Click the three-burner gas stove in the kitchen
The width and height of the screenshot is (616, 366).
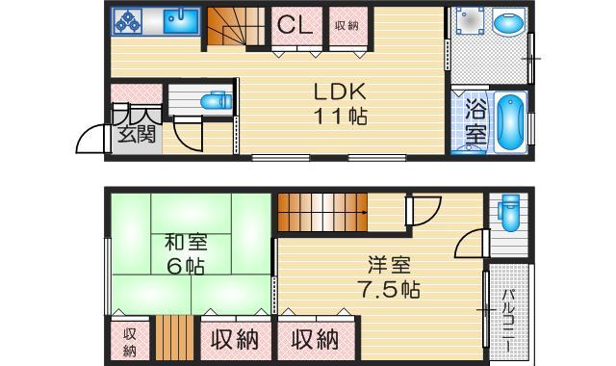coord(128,20)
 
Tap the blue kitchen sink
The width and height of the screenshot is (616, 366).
coord(180,20)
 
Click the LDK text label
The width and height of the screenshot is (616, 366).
coord(340,93)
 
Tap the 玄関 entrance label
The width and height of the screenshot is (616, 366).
coord(137,134)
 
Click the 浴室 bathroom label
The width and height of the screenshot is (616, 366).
coord(475,120)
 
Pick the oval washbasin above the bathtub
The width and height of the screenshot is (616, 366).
coord(506,23)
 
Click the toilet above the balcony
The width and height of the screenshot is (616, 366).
coord(509,208)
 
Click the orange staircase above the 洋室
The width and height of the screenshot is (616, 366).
coord(321,209)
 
